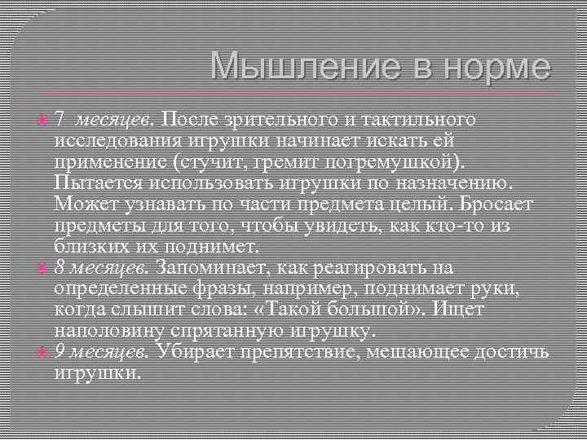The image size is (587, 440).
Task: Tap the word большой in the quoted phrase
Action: click(382, 310)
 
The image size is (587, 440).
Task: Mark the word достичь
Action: click(510, 352)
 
